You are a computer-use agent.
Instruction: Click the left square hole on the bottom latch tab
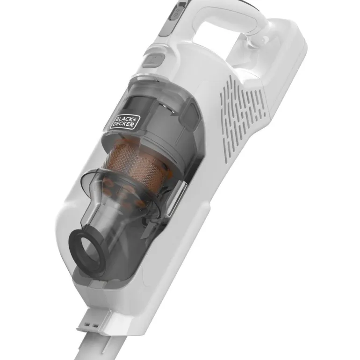pos(87,324)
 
